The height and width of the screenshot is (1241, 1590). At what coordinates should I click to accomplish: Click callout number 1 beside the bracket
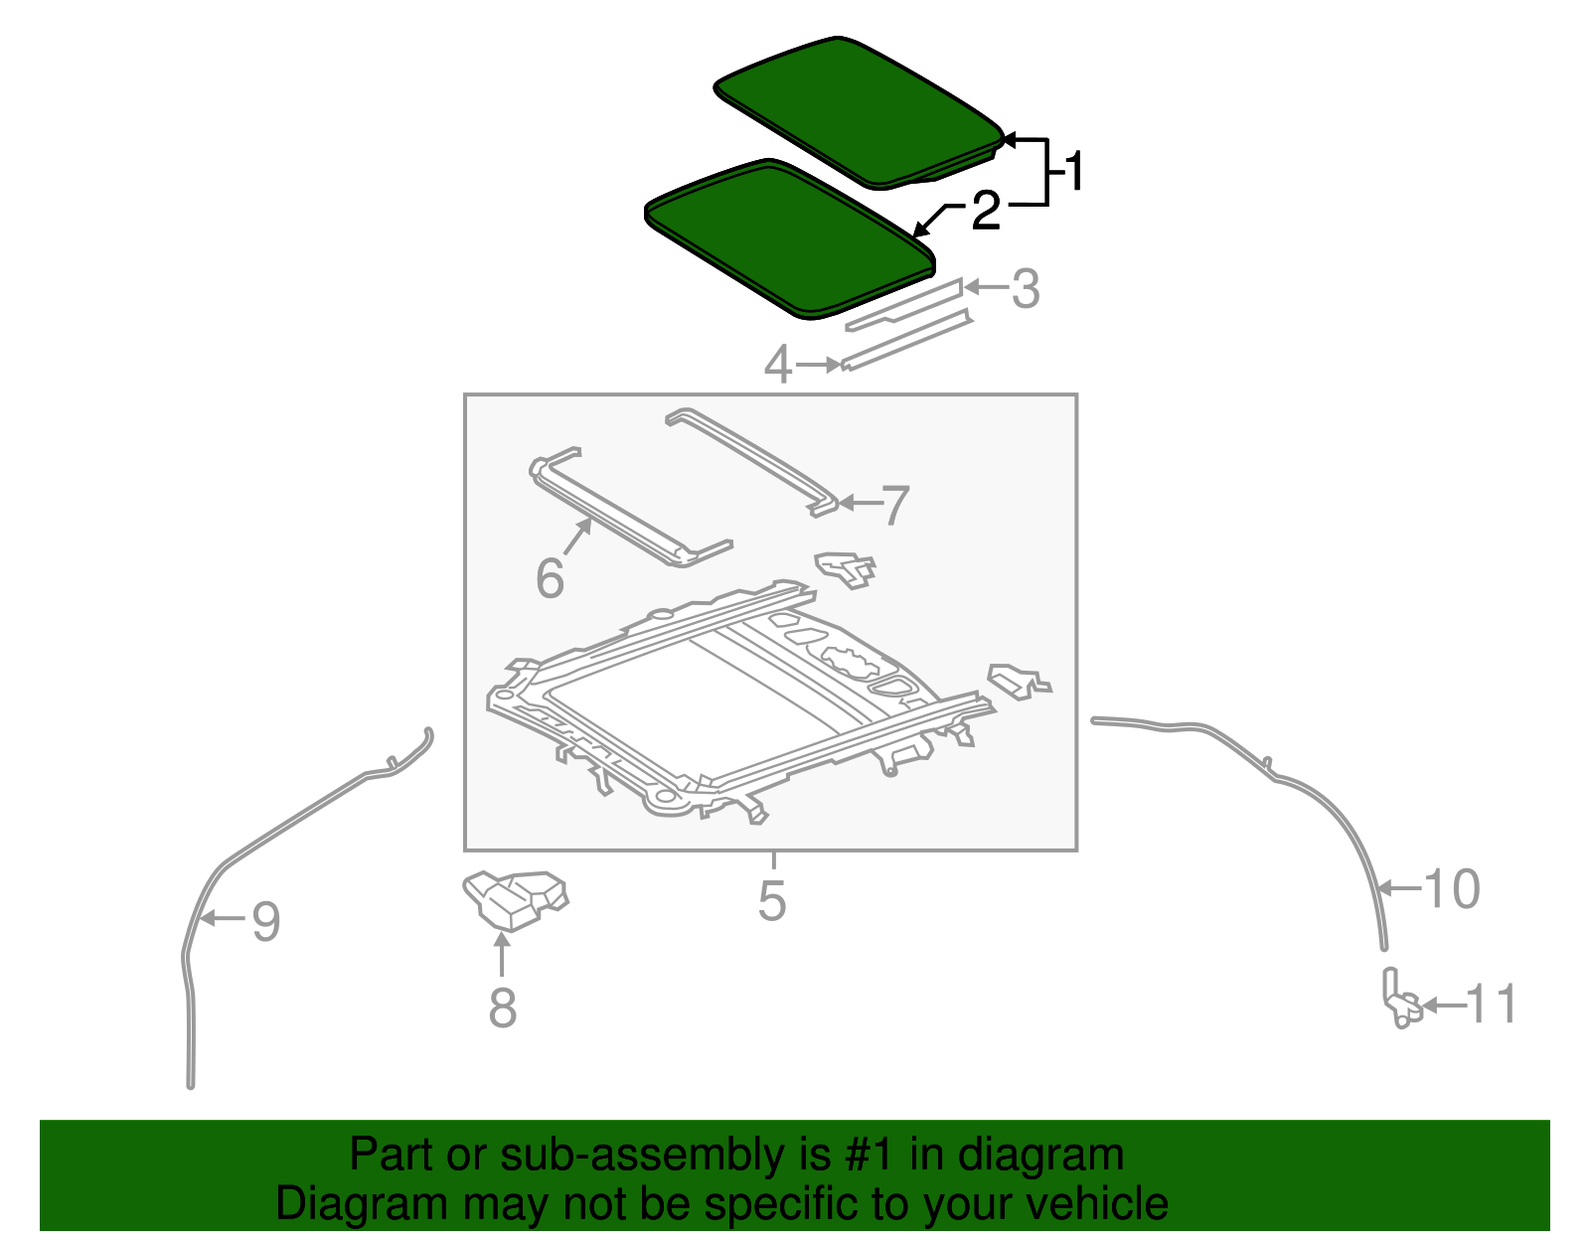click(x=1072, y=173)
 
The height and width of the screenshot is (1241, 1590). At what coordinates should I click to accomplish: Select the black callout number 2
click(x=985, y=211)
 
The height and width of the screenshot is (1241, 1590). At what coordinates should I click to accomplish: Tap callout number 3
click(x=1026, y=289)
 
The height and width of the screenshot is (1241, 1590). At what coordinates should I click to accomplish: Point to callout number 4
click(x=779, y=366)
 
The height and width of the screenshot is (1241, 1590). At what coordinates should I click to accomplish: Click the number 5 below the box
click(x=772, y=900)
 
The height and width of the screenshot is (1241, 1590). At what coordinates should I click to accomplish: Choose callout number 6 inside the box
click(x=550, y=578)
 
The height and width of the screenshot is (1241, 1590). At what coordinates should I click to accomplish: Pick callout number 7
click(x=895, y=505)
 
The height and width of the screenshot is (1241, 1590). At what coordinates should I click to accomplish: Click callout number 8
click(x=503, y=1008)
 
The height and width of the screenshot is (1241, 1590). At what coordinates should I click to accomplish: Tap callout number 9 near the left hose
click(x=265, y=921)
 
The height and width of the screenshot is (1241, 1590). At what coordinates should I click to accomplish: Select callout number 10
click(x=1452, y=888)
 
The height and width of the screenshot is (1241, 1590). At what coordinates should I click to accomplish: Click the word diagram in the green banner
click(x=1061, y=1156)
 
